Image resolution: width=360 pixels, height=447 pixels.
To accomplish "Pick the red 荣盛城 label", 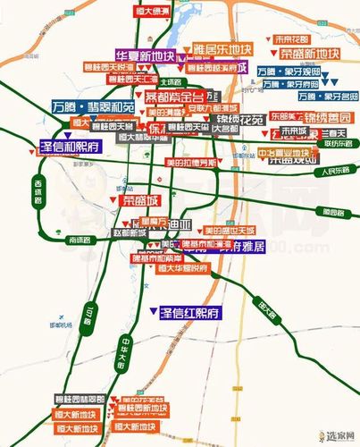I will (x=139, y=201).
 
